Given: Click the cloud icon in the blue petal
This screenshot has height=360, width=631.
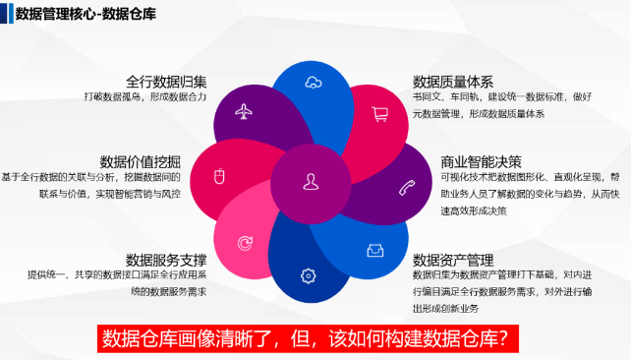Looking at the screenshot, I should (x=312, y=82).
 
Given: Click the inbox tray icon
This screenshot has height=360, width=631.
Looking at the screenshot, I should (x=374, y=250).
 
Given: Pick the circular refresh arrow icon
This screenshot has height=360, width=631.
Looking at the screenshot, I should (x=245, y=242).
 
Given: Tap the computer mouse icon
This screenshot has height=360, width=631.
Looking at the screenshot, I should (x=221, y=177).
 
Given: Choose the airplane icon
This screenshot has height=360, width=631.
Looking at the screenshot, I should (x=245, y=111).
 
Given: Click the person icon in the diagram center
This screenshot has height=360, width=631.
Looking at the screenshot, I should (x=311, y=180).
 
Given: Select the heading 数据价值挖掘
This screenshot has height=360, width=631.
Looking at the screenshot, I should (x=141, y=160).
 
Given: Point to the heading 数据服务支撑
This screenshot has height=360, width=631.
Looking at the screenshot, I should (x=166, y=260).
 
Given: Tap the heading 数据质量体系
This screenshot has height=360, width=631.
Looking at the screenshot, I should (x=453, y=81).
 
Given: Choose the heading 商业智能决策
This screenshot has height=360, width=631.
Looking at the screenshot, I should (x=453, y=160).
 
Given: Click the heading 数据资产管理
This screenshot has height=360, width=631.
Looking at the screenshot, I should (x=453, y=260).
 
